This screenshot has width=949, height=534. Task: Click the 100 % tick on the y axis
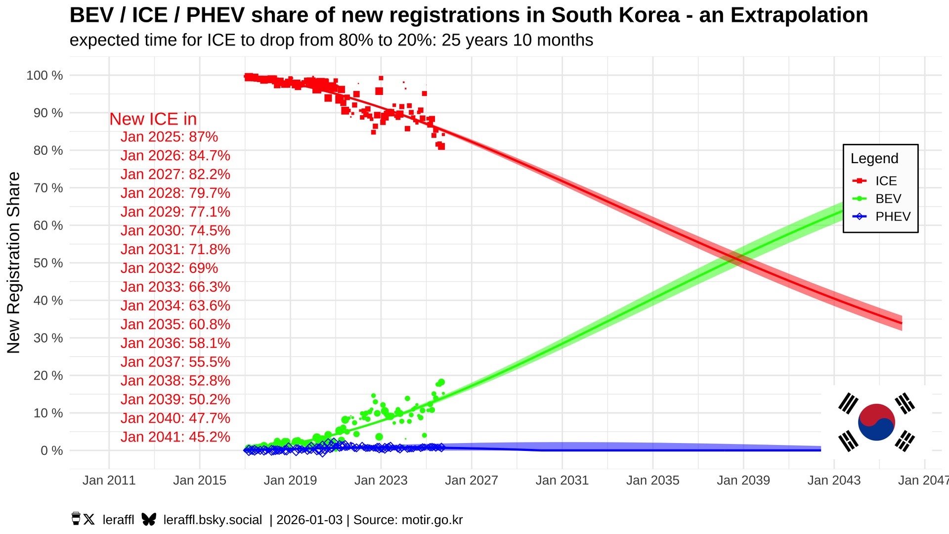44,76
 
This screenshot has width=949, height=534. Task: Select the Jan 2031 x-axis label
562,480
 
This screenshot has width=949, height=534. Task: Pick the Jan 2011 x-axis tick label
109,480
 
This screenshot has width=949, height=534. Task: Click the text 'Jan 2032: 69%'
169,268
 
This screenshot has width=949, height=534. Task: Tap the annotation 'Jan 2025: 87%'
169,137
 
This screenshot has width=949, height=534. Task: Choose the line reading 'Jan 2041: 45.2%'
175,437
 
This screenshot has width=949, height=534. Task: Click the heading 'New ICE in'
153,119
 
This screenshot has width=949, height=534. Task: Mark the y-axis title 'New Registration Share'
14,263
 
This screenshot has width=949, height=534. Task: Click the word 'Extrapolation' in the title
799,15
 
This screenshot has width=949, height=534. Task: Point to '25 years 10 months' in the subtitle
517,40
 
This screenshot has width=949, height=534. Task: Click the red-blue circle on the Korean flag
876,422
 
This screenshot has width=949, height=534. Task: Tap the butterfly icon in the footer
149,519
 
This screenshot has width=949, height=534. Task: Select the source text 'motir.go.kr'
432,520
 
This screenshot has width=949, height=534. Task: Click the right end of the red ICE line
901,323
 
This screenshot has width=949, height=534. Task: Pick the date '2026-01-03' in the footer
309,520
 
